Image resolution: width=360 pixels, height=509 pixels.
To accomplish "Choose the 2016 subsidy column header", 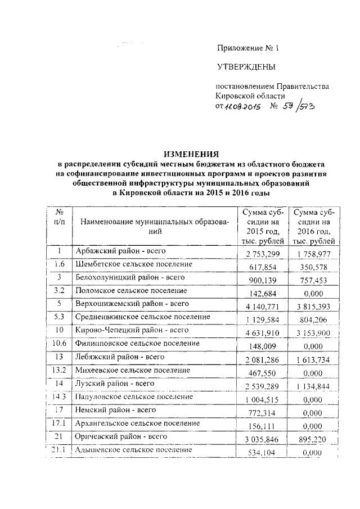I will tap(313, 226).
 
